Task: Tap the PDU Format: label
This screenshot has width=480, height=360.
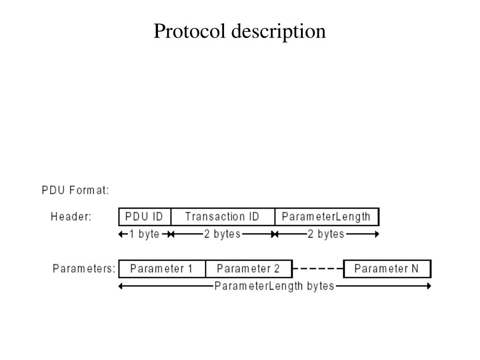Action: [x=75, y=190]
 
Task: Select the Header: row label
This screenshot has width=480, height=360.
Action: [x=71, y=217]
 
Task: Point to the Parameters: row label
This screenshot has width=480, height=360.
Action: [x=84, y=269]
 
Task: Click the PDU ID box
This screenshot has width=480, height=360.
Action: [x=145, y=217]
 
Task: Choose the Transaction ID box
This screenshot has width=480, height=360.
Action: [x=222, y=217]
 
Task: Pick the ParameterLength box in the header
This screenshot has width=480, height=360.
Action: [x=326, y=217]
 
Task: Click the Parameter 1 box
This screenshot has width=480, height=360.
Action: [x=162, y=269]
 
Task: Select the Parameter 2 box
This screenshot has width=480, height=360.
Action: [x=248, y=269]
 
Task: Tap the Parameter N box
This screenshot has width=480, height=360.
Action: [x=387, y=269]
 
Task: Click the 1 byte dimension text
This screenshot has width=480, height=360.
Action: [x=144, y=234]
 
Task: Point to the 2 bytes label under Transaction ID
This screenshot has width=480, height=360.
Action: [x=222, y=234]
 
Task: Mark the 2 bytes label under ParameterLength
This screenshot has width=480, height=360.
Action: [x=326, y=234]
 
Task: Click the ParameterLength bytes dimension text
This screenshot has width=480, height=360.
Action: [x=274, y=286]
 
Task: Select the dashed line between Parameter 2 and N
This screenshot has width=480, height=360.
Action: [x=318, y=269]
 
